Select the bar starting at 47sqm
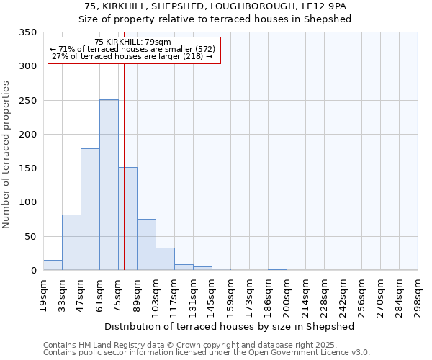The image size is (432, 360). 90,210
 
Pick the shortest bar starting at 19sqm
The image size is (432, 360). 53,265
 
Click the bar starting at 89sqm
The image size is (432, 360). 146,245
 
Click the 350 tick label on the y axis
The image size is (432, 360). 27,32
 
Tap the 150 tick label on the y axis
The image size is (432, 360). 27,168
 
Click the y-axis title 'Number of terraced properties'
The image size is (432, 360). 6,155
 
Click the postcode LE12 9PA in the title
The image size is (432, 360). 325,6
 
